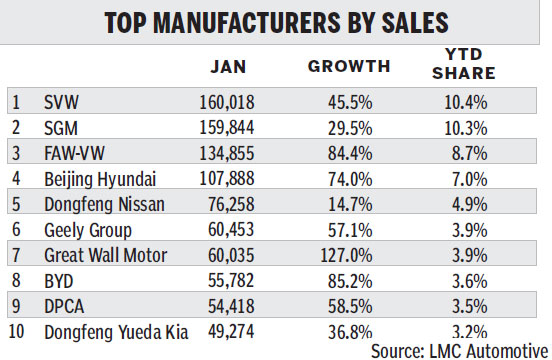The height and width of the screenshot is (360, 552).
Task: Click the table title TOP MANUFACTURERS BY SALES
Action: [x=275, y=23]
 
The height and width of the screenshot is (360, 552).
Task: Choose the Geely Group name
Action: [x=87, y=228]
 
